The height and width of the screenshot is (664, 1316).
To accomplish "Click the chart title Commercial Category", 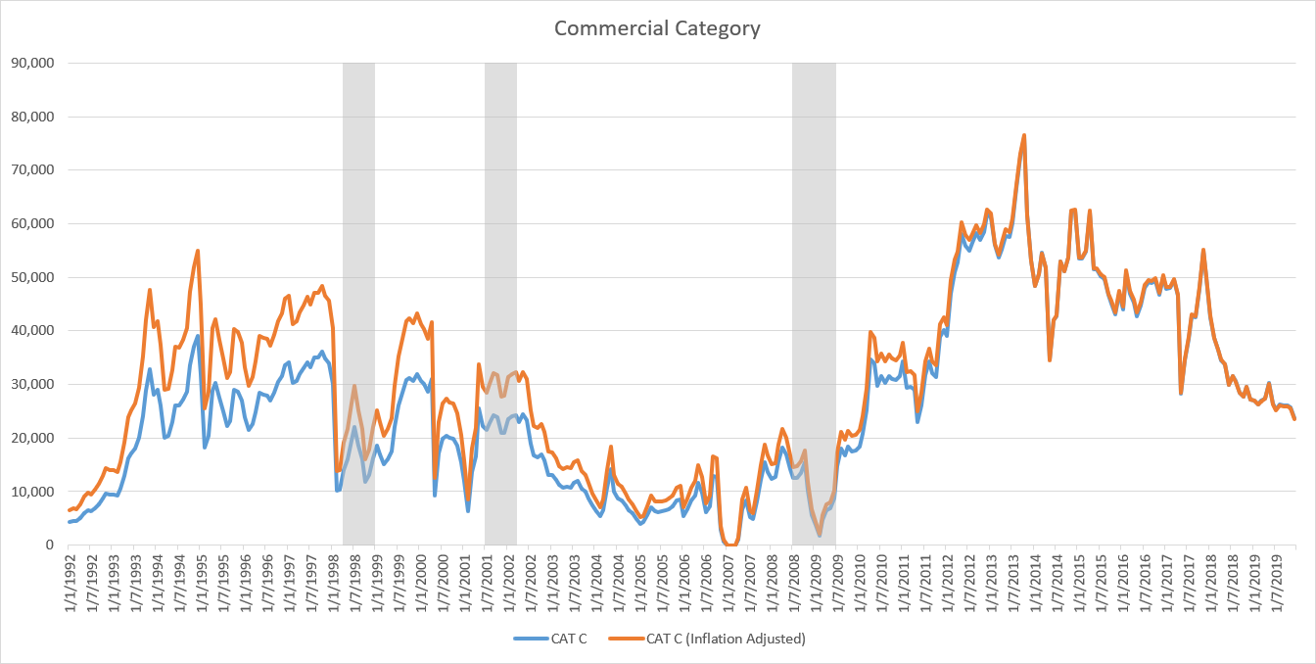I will click(657, 27).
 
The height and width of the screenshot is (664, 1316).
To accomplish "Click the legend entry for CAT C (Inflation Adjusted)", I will click(725, 640).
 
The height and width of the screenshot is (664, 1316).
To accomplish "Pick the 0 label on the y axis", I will click(49, 545).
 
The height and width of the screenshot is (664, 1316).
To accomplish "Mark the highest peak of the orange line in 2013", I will click(1023, 135).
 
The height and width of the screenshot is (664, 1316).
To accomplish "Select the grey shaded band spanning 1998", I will click(358, 294).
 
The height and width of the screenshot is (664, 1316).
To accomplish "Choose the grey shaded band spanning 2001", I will click(500, 294).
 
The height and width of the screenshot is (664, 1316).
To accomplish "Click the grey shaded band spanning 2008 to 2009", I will click(814, 294).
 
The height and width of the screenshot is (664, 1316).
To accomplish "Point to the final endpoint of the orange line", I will click(1295, 419).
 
